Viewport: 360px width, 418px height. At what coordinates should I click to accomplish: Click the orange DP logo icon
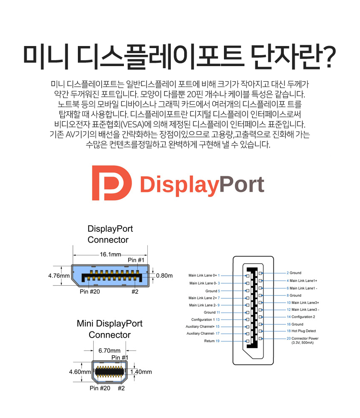coord(111,183)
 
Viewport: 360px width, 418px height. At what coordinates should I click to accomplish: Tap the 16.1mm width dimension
coord(110,254)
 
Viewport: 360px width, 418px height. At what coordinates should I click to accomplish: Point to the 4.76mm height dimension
coord(59,276)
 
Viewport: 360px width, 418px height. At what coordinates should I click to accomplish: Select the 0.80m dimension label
coord(165,276)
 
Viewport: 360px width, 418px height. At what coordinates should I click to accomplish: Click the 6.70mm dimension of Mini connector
coord(109,350)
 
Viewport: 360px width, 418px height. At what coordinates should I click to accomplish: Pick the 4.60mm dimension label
coord(80,372)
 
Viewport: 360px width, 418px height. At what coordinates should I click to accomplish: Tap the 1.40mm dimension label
coord(141,372)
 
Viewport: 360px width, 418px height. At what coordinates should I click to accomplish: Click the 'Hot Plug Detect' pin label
coord(301,331)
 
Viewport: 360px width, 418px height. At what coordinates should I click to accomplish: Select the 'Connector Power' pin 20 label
coord(303,339)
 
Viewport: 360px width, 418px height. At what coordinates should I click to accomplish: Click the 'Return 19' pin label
coord(212,341)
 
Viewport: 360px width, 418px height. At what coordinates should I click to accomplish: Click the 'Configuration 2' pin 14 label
coord(301,317)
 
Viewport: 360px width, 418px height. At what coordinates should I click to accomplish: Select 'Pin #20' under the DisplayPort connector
coord(90,292)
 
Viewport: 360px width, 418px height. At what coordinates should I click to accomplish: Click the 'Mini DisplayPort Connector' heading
coord(109,329)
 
